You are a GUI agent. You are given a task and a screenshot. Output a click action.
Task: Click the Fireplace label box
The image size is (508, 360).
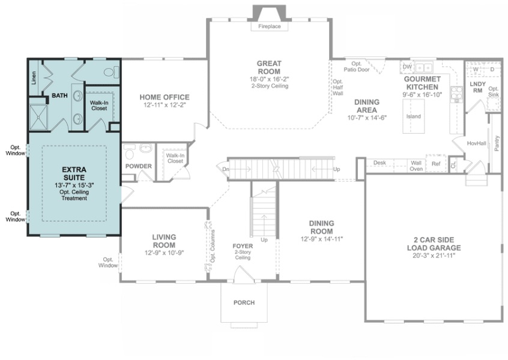270,26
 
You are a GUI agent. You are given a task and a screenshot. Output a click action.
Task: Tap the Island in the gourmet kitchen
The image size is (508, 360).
413,116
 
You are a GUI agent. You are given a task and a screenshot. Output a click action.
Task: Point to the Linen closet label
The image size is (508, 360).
34,77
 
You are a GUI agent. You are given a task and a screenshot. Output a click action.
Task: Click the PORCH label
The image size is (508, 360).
244,302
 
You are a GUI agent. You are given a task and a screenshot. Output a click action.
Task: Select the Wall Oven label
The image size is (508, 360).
416,166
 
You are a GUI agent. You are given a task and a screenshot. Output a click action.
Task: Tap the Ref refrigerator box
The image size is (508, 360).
436,164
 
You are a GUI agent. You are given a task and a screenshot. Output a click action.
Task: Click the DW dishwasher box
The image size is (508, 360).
407,67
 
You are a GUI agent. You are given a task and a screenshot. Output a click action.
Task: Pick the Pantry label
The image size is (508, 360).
497,143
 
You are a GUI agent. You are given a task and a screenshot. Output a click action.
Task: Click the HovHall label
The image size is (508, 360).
476,143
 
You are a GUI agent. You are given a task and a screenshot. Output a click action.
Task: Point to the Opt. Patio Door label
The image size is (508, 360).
356,67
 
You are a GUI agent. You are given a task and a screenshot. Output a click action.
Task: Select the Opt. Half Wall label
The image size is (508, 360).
338,88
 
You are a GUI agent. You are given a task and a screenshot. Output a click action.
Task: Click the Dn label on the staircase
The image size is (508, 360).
226,169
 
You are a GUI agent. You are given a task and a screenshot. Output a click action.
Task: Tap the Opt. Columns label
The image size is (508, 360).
213,247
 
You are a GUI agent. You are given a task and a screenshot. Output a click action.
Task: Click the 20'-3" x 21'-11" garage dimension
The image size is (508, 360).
434,256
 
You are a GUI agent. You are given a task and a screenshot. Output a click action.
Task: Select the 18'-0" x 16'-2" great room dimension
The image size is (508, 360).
269,79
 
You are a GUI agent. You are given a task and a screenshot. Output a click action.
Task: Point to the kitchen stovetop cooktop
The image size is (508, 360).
457,95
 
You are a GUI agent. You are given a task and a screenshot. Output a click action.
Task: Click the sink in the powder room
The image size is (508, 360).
147,148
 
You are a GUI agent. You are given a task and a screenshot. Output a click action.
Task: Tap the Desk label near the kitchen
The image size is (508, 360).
379,163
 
